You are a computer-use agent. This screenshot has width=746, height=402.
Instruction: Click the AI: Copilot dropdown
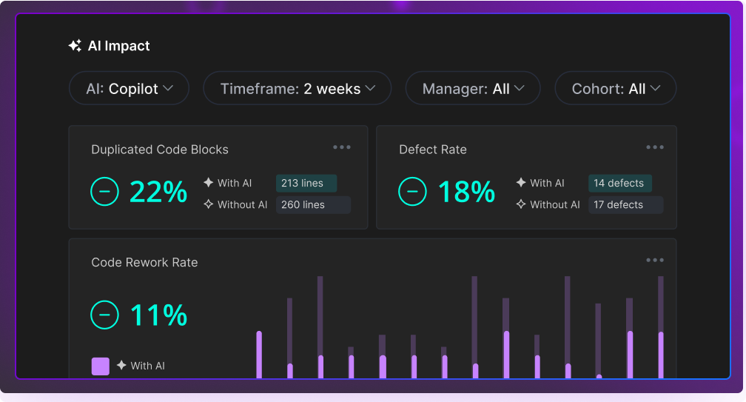(129, 89)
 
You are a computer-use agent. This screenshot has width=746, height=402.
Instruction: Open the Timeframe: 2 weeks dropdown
(297, 89)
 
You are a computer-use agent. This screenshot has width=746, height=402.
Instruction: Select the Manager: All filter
(473, 89)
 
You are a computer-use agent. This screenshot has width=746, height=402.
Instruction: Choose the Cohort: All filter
(615, 89)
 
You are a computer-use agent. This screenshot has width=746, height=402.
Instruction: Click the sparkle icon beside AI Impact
(75, 46)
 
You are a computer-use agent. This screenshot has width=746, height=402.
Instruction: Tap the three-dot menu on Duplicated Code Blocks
(342, 147)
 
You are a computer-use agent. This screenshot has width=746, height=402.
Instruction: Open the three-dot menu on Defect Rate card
(655, 147)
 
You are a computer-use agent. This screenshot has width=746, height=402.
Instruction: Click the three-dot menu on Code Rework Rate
(655, 260)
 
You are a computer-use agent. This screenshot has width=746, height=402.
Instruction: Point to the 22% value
(158, 192)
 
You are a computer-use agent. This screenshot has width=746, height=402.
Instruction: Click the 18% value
(466, 192)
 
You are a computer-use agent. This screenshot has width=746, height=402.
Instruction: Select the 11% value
(158, 315)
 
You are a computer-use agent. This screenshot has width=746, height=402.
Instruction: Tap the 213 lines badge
(306, 183)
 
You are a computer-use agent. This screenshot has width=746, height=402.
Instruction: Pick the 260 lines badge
(313, 204)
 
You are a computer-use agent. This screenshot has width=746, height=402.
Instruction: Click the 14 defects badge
(619, 183)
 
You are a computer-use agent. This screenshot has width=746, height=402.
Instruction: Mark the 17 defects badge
(625, 204)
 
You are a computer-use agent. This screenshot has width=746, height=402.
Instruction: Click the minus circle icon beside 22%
(104, 192)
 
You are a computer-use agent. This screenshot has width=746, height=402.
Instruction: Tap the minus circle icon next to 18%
(412, 192)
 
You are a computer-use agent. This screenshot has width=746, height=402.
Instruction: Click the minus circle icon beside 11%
(104, 315)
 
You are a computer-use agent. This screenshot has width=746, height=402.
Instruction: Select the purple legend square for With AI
(101, 366)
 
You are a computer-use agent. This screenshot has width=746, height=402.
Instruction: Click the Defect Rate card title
(433, 150)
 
